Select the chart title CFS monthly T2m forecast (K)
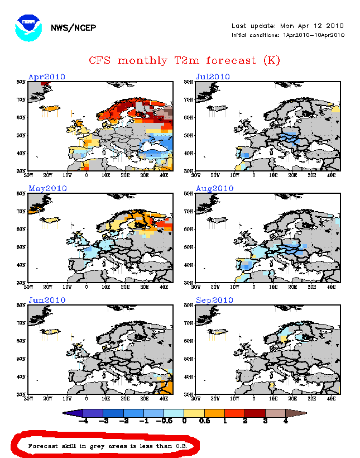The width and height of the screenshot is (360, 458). pos(184,60)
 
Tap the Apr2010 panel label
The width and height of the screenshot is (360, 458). pos(47,77)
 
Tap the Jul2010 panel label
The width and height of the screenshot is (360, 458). pos(213,77)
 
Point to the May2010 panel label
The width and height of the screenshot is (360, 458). pos(47,188)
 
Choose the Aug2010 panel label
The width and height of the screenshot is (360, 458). pos(214,188)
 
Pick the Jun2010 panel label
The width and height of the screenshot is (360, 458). pos(47,300)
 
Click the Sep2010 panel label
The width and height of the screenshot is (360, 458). pos(214,300)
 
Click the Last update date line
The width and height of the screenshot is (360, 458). pos(287,26)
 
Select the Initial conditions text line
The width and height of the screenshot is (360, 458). pos(288,35)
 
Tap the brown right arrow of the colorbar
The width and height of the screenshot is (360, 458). pos(299,413)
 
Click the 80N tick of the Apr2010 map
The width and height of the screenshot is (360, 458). pos(21,82)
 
